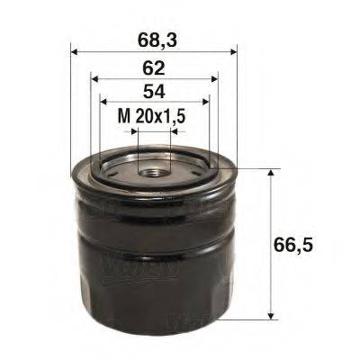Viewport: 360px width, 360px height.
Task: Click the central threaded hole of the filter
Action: (x=153, y=166)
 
